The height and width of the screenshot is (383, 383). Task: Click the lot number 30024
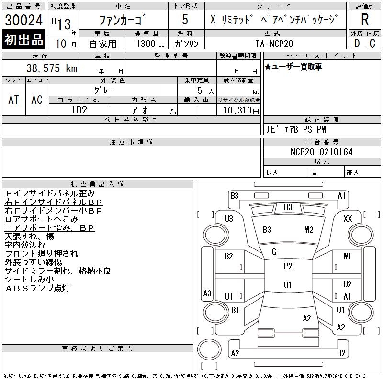click(x=23, y=20)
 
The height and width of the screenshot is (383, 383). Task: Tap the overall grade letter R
click(x=365, y=20)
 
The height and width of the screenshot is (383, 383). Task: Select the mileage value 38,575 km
click(x=52, y=68)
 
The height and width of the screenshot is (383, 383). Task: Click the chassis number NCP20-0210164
click(x=321, y=152)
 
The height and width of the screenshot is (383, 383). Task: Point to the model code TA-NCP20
click(x=274, y=44)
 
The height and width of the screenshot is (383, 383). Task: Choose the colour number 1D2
click(x=79, y=110)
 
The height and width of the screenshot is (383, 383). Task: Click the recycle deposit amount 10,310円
click(x=241, y=111)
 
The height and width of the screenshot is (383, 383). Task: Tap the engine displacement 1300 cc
click(x=150, y=44)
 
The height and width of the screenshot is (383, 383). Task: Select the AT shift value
click(x=14, y=100)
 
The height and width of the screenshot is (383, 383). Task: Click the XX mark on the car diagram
click(x=348, y=218)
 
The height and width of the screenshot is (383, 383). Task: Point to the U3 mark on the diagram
click(x=229, y=218)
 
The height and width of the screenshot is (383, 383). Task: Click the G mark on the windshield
click(x=274, y=252)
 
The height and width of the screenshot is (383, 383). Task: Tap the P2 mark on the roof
click(x=288, y=266)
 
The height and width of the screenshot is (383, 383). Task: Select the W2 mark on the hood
click(x=309, y=230)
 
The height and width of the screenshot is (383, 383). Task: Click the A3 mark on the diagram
click(x=207, y=293)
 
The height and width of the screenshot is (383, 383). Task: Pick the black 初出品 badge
click(x=23, y=40)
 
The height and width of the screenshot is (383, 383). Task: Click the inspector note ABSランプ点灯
click(x=37, y=288)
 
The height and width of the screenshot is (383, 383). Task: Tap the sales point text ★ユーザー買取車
click(x=293, y=67)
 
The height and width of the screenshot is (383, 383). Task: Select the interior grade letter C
click(x=372, y=44)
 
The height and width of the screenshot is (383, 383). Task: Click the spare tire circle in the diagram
click(x=209, y=349)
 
